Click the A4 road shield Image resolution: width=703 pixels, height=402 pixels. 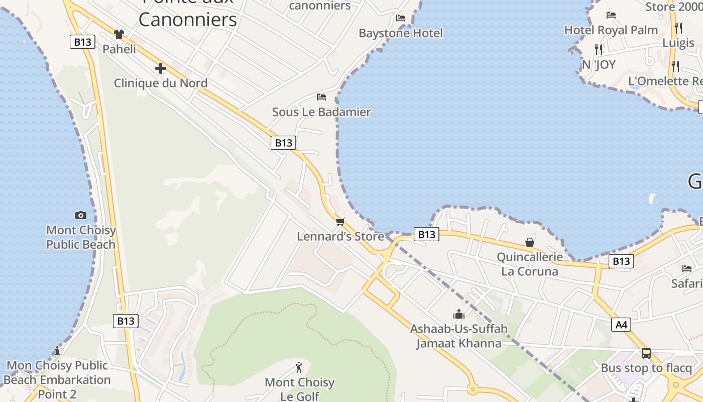(622, 325)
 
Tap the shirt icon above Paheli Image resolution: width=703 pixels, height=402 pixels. (119, 34)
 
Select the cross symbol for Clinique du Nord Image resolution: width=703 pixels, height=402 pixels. (161, 68)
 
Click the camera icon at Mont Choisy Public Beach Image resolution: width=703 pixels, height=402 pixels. (80, 215)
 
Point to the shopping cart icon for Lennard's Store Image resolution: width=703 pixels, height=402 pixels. (340, 222)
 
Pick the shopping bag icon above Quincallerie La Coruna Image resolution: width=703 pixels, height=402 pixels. (530, 242)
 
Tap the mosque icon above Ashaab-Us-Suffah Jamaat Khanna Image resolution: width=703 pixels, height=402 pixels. (458, 315)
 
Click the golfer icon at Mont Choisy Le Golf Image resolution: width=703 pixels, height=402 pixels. (299, 367)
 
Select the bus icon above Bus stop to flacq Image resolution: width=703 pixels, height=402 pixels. (646, 353)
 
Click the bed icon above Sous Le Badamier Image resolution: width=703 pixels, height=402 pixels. (321, 97)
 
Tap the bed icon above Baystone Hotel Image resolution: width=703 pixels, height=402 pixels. (401, 18)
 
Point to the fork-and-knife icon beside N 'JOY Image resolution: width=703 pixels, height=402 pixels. (598, 49)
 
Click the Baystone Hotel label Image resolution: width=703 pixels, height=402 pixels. (401, 33)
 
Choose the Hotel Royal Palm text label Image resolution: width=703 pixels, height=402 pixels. (611, 30)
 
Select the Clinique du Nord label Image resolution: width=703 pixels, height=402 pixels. (161, 83)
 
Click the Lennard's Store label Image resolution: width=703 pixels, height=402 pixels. (340, 236)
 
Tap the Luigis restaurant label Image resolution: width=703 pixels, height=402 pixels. (678, 43)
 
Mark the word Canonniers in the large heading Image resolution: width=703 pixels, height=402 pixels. (188, 20)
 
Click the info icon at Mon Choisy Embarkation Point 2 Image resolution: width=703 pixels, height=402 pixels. (57, 351)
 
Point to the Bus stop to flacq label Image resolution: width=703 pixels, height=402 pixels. (646, 368)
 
